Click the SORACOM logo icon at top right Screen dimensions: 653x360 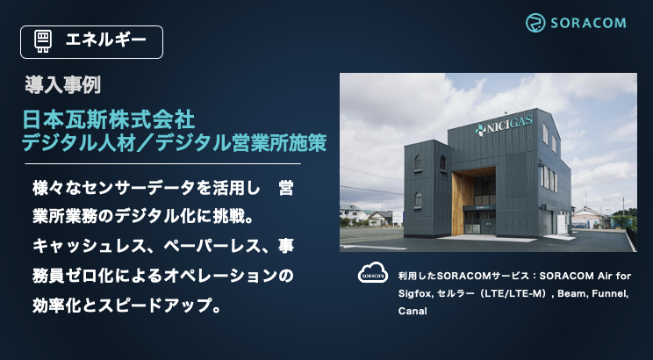point(535,23)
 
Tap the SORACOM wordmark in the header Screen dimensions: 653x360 point(588,23)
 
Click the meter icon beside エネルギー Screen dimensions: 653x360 point(42,41)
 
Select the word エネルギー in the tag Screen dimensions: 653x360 point(106,40)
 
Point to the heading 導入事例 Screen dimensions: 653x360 point(62,85)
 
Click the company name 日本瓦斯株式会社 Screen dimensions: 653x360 point(108,120)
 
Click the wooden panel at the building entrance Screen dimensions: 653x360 point(462,204)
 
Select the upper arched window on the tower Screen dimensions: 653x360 point(418,163)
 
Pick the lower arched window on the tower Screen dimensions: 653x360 point(418,200)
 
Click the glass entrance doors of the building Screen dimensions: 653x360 point(480,222)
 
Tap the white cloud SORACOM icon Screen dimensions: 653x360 point(373,273)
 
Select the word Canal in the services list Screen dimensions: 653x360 point(413,311)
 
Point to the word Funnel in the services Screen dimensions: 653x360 point(609,293)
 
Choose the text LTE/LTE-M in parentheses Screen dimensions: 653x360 point(515,293)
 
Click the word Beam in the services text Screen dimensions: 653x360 point(571,293)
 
